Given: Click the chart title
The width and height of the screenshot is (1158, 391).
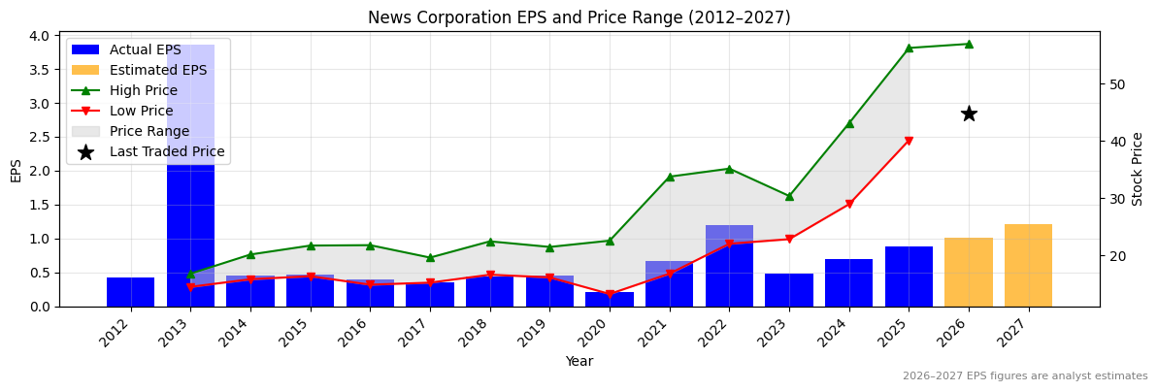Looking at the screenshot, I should pyautogui.click(x=579, y=18).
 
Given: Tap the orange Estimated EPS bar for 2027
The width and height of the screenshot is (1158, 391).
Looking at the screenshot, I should pyautogui.click(x=1028, y=266).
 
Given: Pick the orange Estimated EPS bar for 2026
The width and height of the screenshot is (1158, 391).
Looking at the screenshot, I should pyautogui.click(x=969, y=273).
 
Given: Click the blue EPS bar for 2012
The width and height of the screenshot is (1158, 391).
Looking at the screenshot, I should pyautogui.click(x=130, y=292).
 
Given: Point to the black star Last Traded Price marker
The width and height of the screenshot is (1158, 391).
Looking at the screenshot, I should pyautogui.click(x=969, y=114).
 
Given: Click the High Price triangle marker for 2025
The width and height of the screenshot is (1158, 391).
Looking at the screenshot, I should pyautogui.click(x=909, y=48).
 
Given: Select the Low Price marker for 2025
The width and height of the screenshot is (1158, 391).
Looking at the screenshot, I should pyautogui.click(x=909, y=142).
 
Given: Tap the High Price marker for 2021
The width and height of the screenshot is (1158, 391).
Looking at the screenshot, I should pyautogui.click(x=670, y=177).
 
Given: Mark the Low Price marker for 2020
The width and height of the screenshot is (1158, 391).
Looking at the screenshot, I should pyautogui.click(x=610, y=295).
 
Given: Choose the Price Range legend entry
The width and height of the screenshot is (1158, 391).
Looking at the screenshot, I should pyautogui.click(x=149, y=131).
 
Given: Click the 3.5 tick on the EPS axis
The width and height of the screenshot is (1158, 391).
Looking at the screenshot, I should pyautogui.click(x=38, y=70).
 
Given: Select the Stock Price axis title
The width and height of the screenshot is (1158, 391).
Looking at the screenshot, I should pyautogui.click(x=1138, y=169).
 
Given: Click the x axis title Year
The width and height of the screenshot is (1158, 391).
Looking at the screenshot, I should pyautogui.click(x=579, y=362).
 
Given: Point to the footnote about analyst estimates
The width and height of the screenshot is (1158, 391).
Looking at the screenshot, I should pyautogui.click(x=1024, y=376).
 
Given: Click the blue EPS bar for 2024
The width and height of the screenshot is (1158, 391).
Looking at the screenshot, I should pyautogui.click(x=849, y=282).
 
